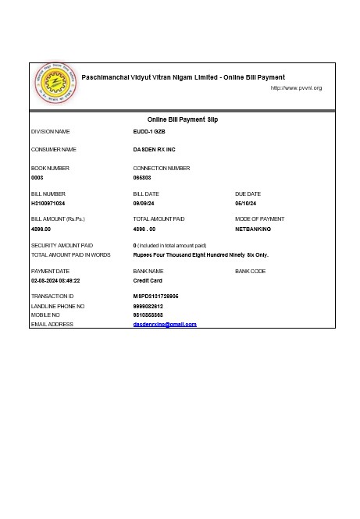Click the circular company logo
tap(55, 84)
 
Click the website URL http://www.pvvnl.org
tap(296, 88)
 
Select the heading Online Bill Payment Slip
tap(183, 119)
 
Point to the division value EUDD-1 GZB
tap(149, 132)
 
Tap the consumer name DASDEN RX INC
tap(155, 149)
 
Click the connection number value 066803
tap(142, 178)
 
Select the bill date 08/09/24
tap(146, 203)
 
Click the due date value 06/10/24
tap(248, 203)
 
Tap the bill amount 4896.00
tap(41, 229)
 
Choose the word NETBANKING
tap(253, 229)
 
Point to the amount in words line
tap(201, 255)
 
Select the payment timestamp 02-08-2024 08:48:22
tap(55, 280)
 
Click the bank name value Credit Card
tap(148, 280)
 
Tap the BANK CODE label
tap(250, 271)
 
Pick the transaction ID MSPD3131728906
tap(156, 297)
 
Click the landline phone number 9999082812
tap(148, 307)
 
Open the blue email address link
tap(165, 324)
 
